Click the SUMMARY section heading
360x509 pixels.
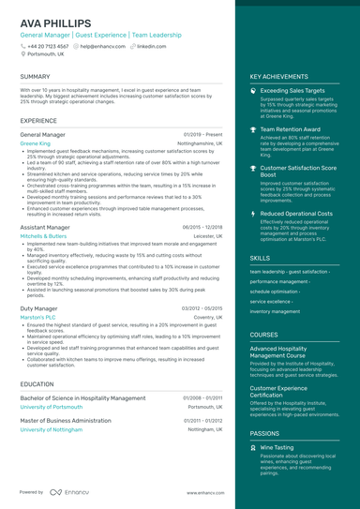click(x=35, y=76)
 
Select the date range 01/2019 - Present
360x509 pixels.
click(x=202, y=134)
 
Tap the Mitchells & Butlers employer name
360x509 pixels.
click(x=43, y=236)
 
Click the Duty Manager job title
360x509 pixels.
click(x=38, y=307)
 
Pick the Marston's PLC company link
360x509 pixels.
click(x=37, y=317)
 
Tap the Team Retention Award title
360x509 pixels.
click(x=290, y=129)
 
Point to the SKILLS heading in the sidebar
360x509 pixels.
click(x=259, y=257)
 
